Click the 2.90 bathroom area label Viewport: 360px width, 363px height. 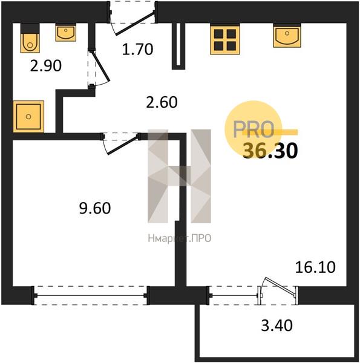pyautogui.click(x=46, y=66)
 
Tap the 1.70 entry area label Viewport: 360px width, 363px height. pyautogui.click(x=137, y=50)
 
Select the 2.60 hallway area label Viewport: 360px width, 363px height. pyautogui.click(x=162, y=102)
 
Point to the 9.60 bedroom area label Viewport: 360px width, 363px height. pyautogui.click(x=95, y=208)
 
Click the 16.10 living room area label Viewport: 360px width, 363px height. pyautogui.click(x=315, y=267)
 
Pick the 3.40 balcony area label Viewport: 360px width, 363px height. pyautogui.click(x=277, y=325)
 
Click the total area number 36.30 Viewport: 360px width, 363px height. pyautogui.click(x=270, y=151)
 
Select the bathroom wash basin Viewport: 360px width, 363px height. pyautogui.click(x=66, y=33)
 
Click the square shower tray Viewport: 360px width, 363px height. pyautogui.click(x=28, y=116)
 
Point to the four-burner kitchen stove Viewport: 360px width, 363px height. pyautogui.click(x=225, y=39)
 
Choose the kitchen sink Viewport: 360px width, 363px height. pyautogui.click(x=287, y=36)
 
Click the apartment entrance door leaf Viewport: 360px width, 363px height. pyautogui.click(x=135, y=24)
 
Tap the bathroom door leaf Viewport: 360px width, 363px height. pyautogui.click(x=100, y=66)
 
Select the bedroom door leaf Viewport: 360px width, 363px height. pyautogui.click(x=123, y=145)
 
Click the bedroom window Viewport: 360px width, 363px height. pyautogui.click(x=90, y=296)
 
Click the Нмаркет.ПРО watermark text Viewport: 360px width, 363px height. pyautogui.click(x=180, y=238)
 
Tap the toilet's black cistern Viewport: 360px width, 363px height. pyautogui.click(x=30, y=28)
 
